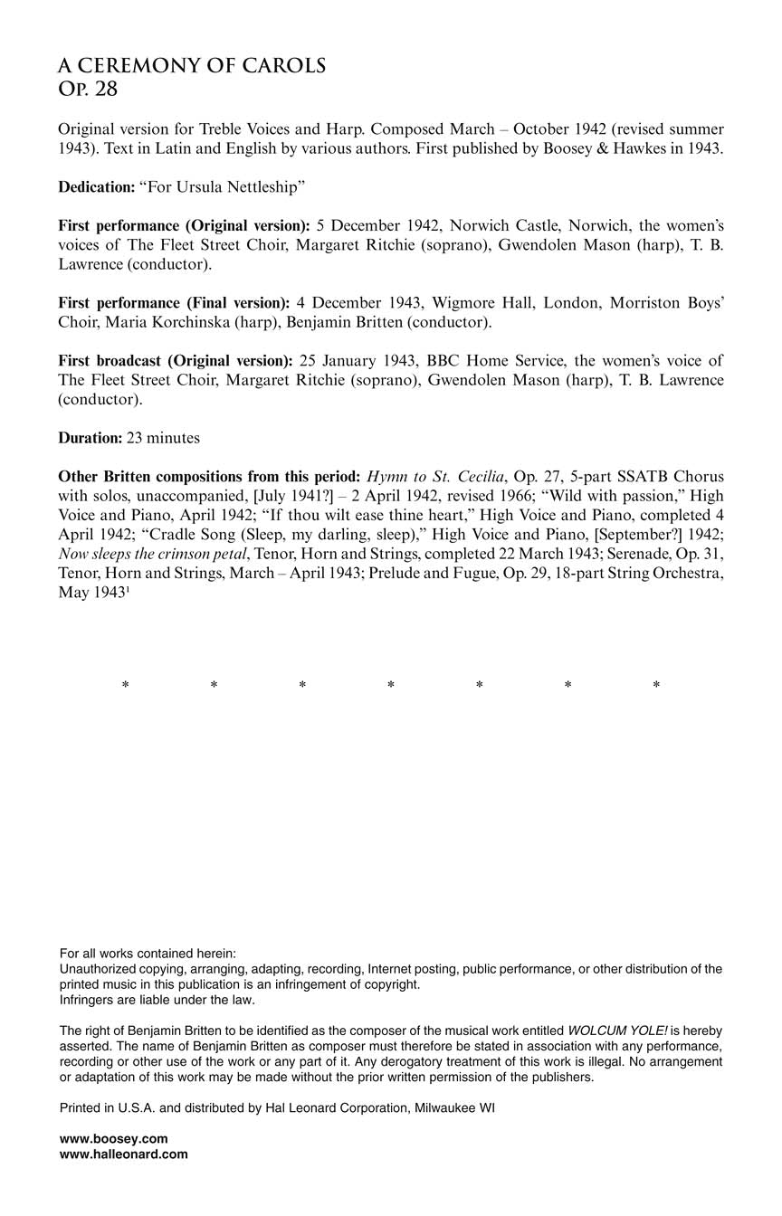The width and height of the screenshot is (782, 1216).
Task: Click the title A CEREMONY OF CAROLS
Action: (192, 66)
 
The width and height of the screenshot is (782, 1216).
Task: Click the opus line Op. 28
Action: (88, 90)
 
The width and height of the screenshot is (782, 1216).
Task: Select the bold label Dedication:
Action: (96, 187)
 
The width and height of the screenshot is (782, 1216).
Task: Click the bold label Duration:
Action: (90, 438)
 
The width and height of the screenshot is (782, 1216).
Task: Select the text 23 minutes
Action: (163, 438)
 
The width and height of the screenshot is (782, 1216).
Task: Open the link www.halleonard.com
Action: (123, 1154)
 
